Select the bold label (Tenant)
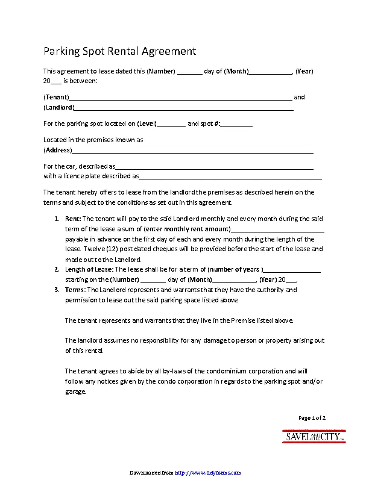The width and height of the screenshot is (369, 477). [56, 98]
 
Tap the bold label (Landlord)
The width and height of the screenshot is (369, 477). [59, 108]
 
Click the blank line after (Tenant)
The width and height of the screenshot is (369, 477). [181, 98]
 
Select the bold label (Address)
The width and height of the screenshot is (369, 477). [57, 150]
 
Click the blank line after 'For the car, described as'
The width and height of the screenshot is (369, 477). [214, 167]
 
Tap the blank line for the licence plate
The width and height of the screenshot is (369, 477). [230, 177]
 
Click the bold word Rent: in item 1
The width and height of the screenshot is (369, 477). [72, 219]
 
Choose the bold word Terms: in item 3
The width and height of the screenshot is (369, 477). [75, 290]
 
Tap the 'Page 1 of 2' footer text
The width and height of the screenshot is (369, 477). [312, 418]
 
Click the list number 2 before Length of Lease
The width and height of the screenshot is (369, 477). [57, 269]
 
